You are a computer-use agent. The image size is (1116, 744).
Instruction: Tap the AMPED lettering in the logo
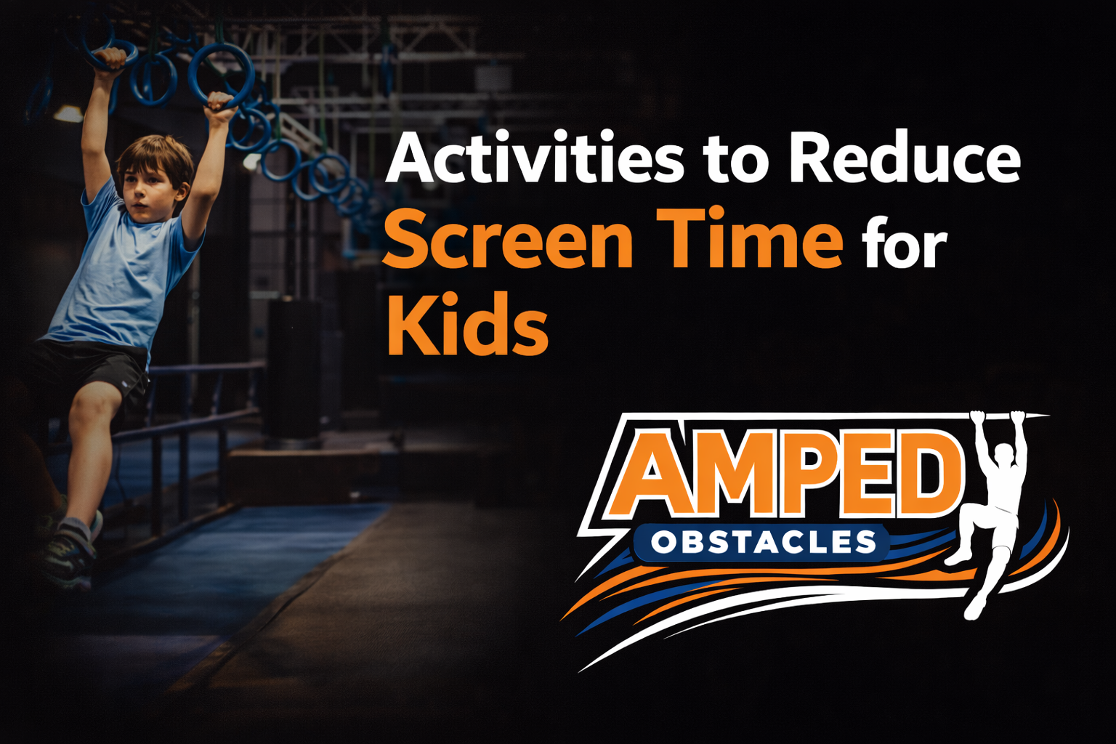tap(785, 472)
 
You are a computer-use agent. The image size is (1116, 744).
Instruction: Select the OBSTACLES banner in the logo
tap(763, 543)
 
